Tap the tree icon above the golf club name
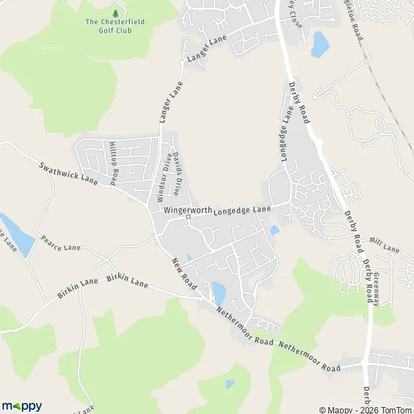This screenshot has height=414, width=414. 115,13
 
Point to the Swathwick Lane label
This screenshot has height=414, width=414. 69,173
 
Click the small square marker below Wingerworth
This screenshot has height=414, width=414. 188,218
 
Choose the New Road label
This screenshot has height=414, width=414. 186,274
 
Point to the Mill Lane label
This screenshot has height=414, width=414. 384,245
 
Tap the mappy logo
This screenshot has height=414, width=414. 22,406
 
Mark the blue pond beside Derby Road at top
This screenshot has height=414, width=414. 319,44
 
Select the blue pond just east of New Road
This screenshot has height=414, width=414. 218,293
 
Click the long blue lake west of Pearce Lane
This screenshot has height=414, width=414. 17,236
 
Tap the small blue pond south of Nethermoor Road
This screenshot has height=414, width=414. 230,384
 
